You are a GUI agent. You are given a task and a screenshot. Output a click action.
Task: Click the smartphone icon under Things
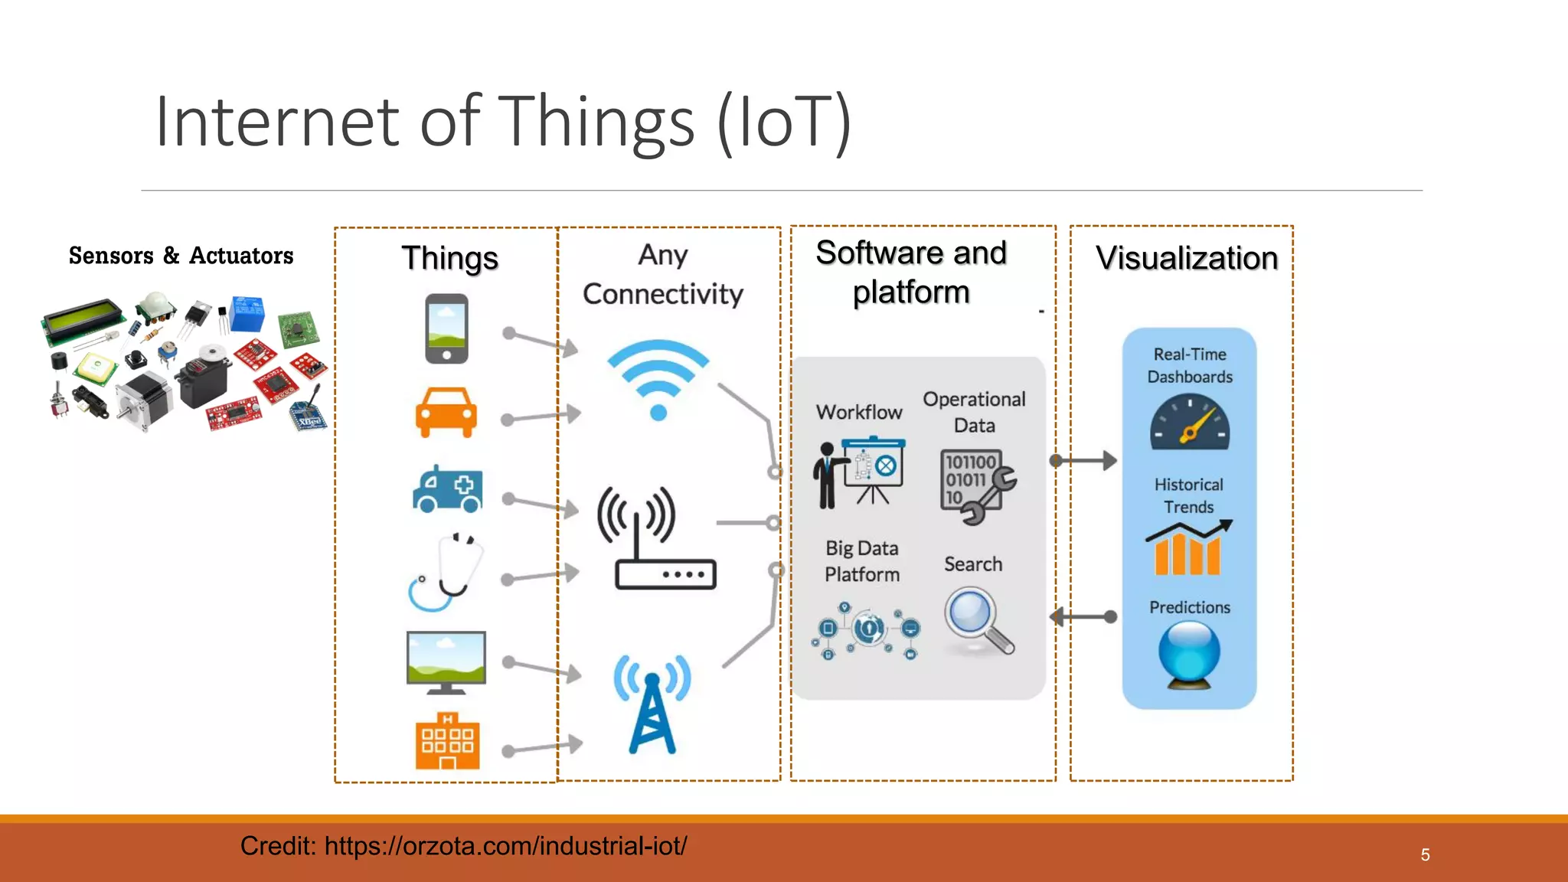446,328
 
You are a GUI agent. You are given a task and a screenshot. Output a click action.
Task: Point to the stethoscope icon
446,572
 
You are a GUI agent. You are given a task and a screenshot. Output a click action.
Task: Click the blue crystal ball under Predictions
1189,653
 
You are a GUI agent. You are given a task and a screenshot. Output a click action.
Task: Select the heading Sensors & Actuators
181,256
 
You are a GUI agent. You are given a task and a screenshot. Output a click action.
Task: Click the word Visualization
1187,258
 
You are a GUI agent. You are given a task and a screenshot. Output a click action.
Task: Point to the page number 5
1425,854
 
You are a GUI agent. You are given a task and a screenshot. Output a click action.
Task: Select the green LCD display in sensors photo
83,322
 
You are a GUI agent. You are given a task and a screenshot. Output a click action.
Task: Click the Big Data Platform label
861,561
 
